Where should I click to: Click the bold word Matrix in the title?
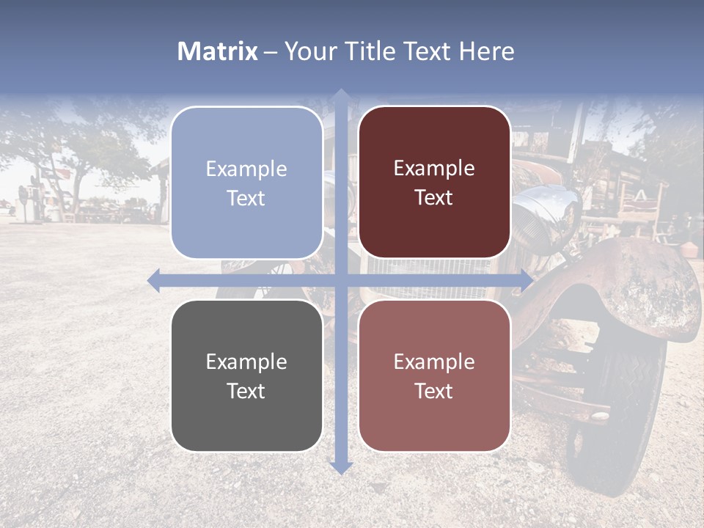click(x=217, y=51)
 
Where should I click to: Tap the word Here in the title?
click(x=486, y=51)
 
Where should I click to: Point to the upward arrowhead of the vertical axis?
click(x=340, y=95)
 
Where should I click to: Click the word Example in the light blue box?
click(x=246, y=169)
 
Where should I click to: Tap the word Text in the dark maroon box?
click(x=434, y=198)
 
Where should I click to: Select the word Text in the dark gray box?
click(x=246, y=391)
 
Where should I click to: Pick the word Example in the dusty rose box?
click(x=434, y=362)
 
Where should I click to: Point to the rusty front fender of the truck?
click(x=631, y=286)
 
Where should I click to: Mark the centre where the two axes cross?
click(x=340, y=280)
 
